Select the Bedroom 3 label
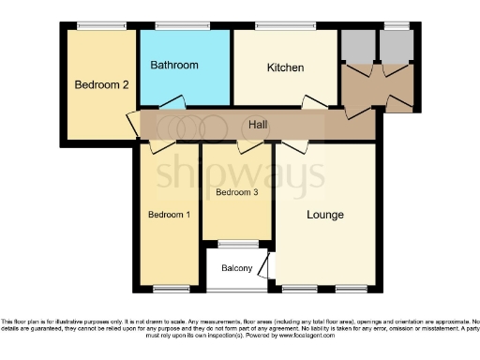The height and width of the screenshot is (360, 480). pos(236,193)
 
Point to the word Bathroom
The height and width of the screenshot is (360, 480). pos(174,65)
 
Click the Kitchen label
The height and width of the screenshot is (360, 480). pos(284,67)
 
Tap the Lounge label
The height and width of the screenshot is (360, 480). pos(325,215)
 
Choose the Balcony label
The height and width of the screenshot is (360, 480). pos(237,269)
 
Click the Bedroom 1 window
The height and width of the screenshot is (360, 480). pos(170,287)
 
